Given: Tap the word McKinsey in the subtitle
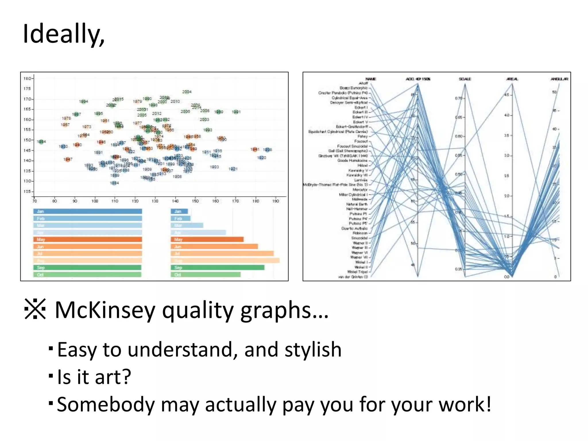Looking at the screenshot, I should click(105, 310).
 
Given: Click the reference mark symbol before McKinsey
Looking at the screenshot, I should click(35, 309).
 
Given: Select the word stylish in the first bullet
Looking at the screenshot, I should click(313, 350).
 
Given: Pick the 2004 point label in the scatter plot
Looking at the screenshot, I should click(187, 92).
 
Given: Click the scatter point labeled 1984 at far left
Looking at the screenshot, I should click(41, 142).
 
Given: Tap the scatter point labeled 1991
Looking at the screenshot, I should click(236, 112).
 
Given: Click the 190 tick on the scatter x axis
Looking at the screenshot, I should click(275, 201).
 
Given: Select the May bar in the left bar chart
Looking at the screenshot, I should click(88, 239).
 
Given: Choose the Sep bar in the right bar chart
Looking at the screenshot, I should click(217, 268).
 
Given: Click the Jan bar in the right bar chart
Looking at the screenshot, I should click(179, 211).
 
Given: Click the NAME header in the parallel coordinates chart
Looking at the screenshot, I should click(370, 79).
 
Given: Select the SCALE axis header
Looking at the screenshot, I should click(465, 79).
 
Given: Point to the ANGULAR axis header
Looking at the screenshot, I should click(559, 79).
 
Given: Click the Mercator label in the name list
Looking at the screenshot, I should click(360, 190).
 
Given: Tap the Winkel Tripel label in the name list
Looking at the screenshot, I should click(357, 272).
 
